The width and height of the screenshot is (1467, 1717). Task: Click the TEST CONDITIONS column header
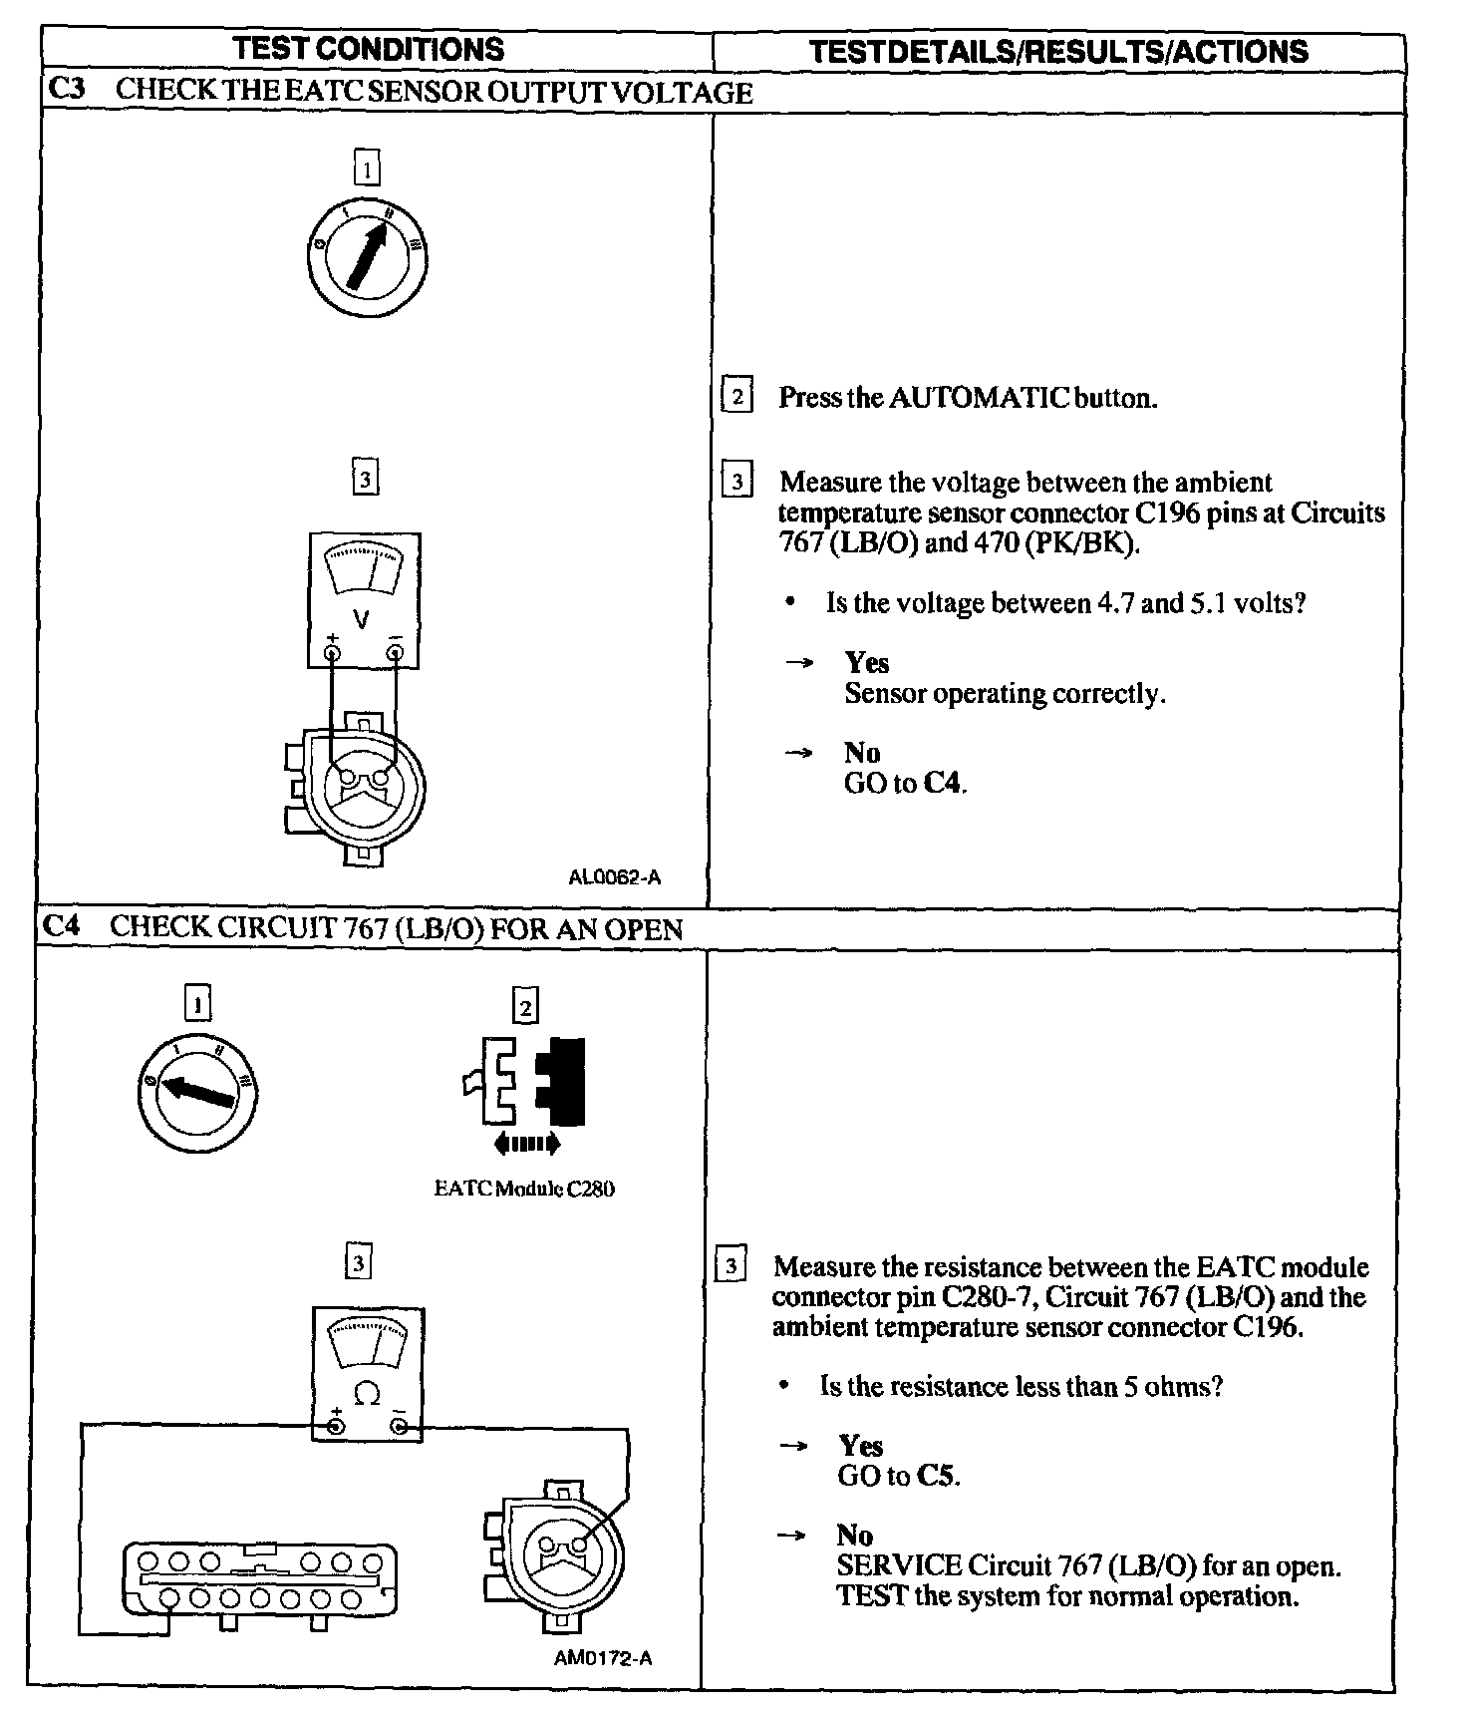(368, 49)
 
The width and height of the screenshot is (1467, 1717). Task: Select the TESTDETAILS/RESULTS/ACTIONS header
(1057, 52)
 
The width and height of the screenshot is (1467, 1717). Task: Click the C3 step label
(66, 90)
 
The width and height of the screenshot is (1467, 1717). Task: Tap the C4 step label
(61, 927)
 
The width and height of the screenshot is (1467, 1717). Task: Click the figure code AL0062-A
(614, 877)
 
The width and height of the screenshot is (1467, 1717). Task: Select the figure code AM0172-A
(603, 1658)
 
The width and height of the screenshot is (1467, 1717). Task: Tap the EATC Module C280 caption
(524, 1189)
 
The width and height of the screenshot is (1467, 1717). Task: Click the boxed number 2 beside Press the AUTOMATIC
(736, 397)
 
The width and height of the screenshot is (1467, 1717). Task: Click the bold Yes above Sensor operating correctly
(866, 663)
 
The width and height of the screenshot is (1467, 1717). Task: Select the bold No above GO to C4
(861, 753)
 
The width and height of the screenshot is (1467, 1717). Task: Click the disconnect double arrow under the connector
(527, 1144)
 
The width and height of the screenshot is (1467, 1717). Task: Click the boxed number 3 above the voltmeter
(365, 480)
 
